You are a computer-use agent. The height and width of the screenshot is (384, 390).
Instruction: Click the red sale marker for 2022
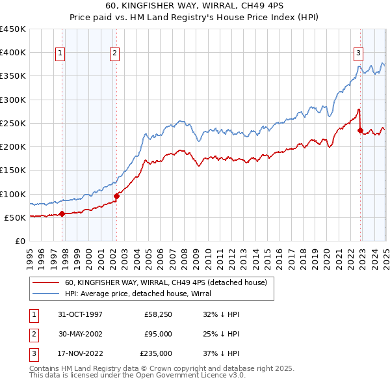pos(360,130)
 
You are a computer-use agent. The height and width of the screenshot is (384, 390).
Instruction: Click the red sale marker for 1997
pos(62,213)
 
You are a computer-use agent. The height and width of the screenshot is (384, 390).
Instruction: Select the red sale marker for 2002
pos(116,196)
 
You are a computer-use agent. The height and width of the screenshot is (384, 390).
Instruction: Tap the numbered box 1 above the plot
pos(60,54)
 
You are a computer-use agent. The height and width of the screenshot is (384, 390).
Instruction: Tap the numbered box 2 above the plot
pos(114,54)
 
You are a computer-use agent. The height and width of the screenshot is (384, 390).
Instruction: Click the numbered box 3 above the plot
pos(358,54)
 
